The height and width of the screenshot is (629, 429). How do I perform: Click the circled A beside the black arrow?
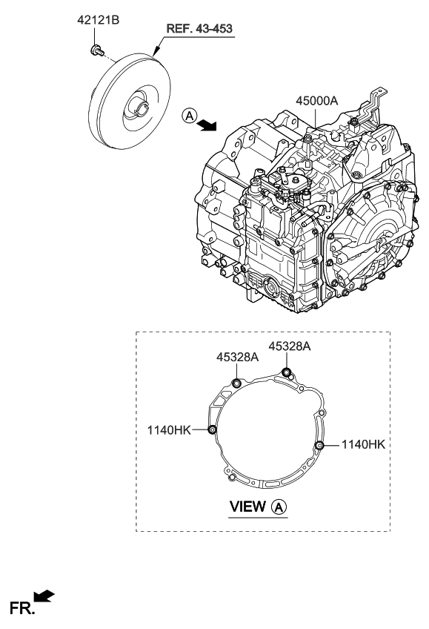189,116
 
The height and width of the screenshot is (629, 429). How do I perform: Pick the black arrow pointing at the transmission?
207,125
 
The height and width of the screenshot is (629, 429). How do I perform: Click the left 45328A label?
237,358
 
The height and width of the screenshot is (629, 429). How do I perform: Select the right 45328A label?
289,346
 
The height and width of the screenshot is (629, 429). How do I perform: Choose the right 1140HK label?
364,444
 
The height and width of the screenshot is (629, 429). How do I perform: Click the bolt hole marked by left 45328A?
236,383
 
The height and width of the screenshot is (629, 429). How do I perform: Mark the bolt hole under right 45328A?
287,372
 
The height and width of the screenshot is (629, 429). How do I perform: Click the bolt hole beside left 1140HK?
213,429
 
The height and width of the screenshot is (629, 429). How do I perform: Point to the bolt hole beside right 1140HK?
320,444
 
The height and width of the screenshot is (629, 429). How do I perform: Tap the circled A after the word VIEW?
279,507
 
